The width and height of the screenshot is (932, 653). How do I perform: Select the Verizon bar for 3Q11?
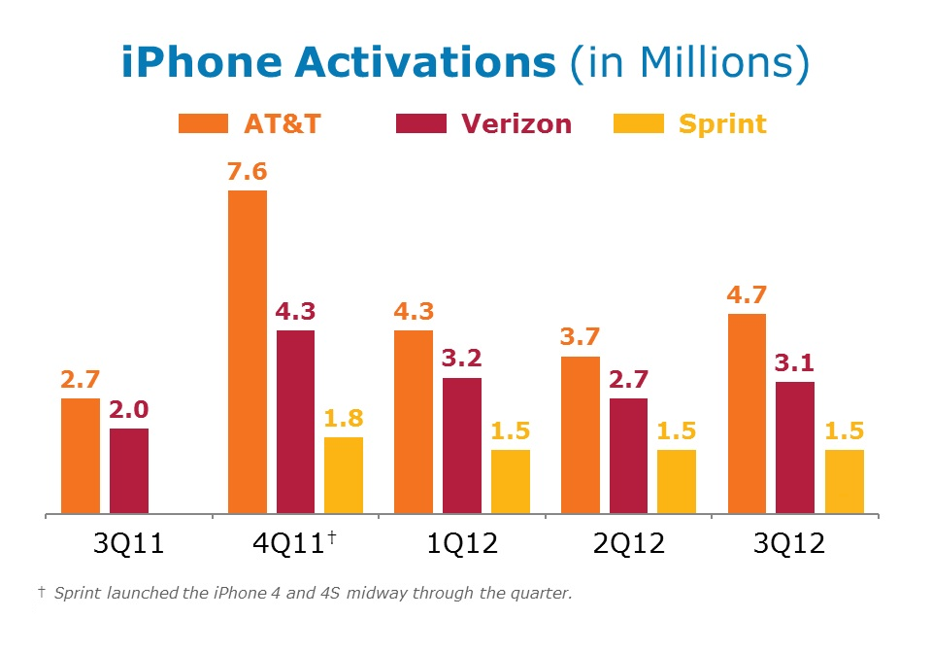(129, 470)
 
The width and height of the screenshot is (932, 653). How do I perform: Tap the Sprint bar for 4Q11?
(344, 475)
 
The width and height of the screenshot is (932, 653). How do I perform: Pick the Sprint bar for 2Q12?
(677, 481)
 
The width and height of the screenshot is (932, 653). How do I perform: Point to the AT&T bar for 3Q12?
(747, 413)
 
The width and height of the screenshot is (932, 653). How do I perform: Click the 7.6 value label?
(247, 173)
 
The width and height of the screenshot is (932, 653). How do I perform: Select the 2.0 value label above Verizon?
(129, 410)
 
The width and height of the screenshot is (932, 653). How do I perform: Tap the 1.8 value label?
(344, 419)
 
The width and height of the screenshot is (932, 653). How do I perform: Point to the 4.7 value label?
(747, 295)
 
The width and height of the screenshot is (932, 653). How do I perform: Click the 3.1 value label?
(794, 363)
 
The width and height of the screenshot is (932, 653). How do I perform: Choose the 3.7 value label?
(580, 338)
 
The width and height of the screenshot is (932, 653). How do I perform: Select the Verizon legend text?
(516, 124)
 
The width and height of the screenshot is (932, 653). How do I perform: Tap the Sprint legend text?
(722, 124)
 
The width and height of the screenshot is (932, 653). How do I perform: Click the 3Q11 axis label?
(128, 543)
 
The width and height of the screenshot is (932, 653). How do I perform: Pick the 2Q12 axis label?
(627, 543)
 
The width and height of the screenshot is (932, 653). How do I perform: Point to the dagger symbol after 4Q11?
(332, 535)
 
